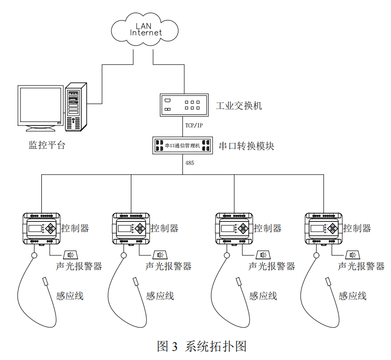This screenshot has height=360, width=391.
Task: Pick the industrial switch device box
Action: coord(184,105)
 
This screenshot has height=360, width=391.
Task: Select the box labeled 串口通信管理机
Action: coord(182,145)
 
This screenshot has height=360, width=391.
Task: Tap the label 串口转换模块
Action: coord(247,145)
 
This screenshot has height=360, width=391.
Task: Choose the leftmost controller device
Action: coord(42,228)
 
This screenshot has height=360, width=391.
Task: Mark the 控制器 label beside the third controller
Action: coord(268,228)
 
